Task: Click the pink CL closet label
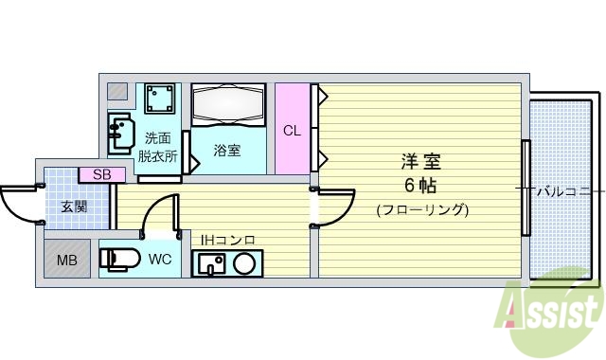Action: [x=293, y=130]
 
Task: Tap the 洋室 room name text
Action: [x=421, y=161]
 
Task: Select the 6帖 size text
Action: [x=421, y=184]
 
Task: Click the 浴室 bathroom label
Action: [x=226, y=150]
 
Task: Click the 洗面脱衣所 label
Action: [x=157, y=147]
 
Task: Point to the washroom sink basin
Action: [x=120, y=132]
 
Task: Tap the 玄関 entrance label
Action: [x=74, y=207]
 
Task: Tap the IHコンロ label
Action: [x=227, y=240]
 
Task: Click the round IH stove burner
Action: [x=243, y=264]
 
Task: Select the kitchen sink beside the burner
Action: [x=210, y=264]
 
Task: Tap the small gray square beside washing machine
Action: [x=116, y=92]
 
